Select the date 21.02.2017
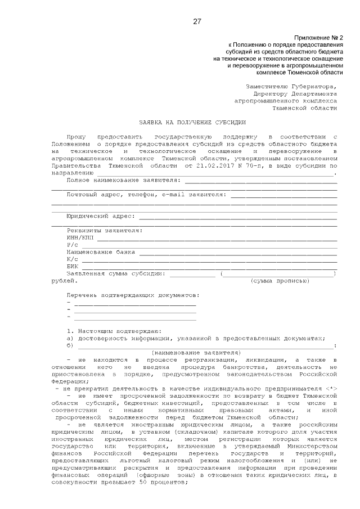click(212, 166)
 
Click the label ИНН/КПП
click(79, 238)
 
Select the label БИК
click(73, 266)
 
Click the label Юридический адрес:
click(101, 216)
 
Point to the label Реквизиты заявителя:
click(105, 231)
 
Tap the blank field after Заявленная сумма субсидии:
click(192, 274)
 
